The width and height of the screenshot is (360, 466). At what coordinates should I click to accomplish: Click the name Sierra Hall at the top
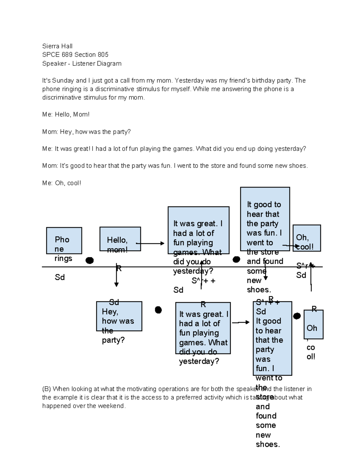57,46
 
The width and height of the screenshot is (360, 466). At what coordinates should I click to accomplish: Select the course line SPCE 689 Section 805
75,55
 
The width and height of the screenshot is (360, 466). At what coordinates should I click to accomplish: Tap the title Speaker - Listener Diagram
82,64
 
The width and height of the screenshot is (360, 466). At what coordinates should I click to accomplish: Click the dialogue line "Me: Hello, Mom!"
66,115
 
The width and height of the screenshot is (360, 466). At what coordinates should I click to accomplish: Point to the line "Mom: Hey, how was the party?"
86,132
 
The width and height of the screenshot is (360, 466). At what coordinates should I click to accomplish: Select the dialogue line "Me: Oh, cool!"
61,183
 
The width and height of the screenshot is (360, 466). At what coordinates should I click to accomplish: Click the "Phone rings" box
64,241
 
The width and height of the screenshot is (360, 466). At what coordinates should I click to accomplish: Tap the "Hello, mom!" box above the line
120,239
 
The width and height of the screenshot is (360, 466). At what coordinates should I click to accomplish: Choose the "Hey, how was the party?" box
119,316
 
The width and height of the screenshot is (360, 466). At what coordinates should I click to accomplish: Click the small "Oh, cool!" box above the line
307,238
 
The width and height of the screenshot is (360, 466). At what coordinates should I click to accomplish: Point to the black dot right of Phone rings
89,260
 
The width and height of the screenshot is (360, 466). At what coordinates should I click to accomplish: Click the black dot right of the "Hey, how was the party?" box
158,310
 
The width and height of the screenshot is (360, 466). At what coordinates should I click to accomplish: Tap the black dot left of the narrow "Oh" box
297,316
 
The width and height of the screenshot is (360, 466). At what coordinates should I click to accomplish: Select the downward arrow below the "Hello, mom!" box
116,276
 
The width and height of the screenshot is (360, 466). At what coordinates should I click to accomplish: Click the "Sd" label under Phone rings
60,277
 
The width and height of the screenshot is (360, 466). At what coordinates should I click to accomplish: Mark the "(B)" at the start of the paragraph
46,389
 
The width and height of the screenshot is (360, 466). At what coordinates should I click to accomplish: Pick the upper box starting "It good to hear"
265,219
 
